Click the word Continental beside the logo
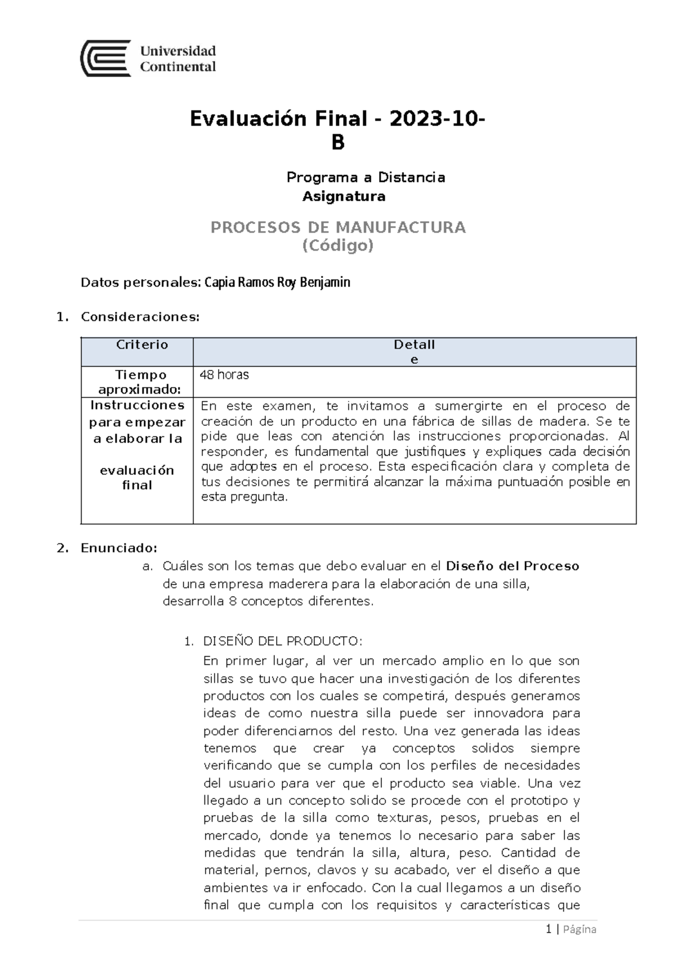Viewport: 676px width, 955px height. pos(177,67)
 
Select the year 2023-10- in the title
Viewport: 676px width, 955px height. pos(438,119)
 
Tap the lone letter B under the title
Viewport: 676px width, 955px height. pos(337,143)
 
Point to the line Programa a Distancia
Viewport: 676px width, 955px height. pos(366,177)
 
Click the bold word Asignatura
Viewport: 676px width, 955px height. pos(344,197)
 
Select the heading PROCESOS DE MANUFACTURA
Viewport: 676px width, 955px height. pos(338,227)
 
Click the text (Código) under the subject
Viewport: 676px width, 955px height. pos(338,246)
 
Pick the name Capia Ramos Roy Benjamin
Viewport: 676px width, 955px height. pos(277,282)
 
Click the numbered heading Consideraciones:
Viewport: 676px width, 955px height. pos(140,317)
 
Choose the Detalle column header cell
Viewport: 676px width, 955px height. pos(414,351)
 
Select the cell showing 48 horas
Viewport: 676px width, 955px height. pos(224,375)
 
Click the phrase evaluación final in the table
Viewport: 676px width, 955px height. pos(137,477)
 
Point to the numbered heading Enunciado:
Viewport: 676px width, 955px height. pos(119,548)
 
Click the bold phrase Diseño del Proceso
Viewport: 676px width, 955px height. pos(512,566)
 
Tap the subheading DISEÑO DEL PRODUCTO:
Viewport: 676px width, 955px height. pos(283,641)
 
